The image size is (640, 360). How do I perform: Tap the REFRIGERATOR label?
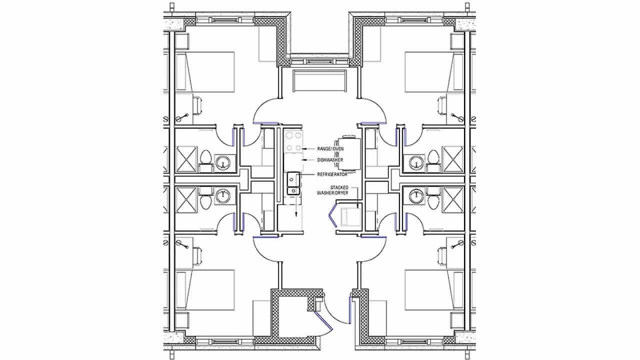pyautogui.click(x=332, y=174)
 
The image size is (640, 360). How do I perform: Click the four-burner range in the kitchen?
pyautogui.click(x=292, y=141)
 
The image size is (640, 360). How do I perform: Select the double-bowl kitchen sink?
pyautogui.click(x=292, y=183)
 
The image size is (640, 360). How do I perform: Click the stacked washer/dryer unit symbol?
pyautogui.click(x=348, y=217)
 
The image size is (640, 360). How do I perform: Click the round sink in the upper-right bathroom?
pyautogui.click(x=415, y=161)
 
